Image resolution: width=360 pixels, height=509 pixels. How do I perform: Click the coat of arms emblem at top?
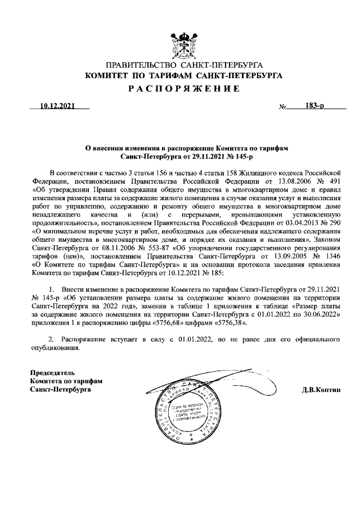click(x=183, y=45)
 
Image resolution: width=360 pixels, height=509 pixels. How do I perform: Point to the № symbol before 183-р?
click(x=283, y=106)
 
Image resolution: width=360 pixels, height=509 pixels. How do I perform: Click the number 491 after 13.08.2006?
click(x=334, y=182)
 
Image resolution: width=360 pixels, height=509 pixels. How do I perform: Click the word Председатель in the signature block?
click(x=52, y=372)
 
